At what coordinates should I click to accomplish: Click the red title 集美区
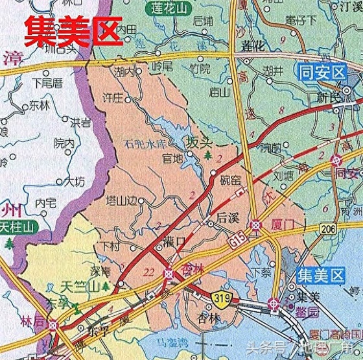click(x=73, y=30)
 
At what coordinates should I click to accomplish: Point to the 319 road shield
click(x=222, y=297)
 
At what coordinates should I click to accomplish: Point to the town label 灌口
click(x=176, y=241)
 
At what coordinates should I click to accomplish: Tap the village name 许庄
click(x=111, y=99)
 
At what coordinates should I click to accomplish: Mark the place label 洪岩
click(x=80, y=121)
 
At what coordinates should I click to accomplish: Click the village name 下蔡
click(x=260, y=272)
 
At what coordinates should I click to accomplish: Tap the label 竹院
click(x=202, y=68)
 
